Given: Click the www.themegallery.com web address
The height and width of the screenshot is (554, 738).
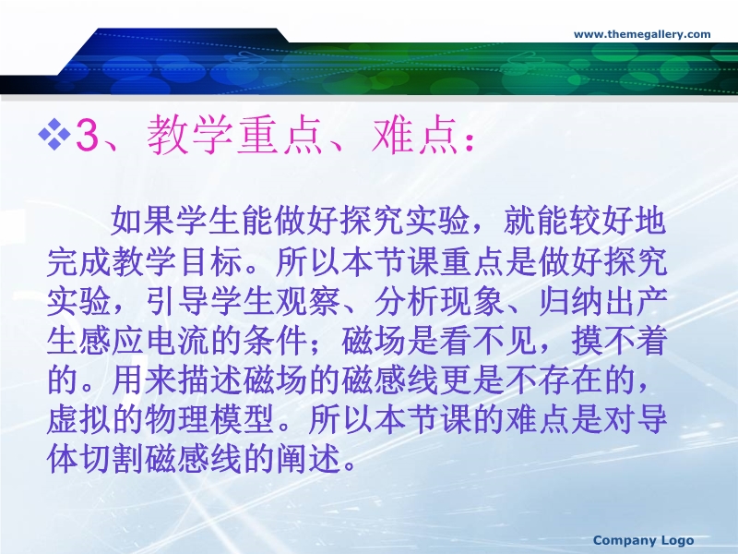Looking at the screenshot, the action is coord(642,34).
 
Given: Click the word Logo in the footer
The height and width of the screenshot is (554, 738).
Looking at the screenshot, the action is coord(677,540).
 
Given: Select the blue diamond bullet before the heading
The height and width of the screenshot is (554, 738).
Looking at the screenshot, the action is coord(54,134).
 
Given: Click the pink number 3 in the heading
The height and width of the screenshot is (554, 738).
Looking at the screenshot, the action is coord(88,136).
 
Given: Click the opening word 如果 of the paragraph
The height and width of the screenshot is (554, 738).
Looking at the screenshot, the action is coord(143,221).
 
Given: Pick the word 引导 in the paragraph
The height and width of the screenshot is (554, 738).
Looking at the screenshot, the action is coord(178,301).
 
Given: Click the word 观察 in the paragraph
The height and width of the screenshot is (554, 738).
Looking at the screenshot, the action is coord(308,301).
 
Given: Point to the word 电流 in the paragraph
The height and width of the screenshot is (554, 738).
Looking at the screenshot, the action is coord(178,340).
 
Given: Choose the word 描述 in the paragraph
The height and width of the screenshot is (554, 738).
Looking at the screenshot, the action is coord(210,379).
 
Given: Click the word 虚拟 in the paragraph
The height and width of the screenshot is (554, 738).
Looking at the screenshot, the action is coord(79,419).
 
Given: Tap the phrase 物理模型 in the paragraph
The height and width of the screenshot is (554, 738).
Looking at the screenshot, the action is coord(210,419).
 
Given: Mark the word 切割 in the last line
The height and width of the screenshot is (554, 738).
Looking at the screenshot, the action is coord(112,459).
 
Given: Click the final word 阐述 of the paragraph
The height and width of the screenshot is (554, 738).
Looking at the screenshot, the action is coord(308,459).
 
